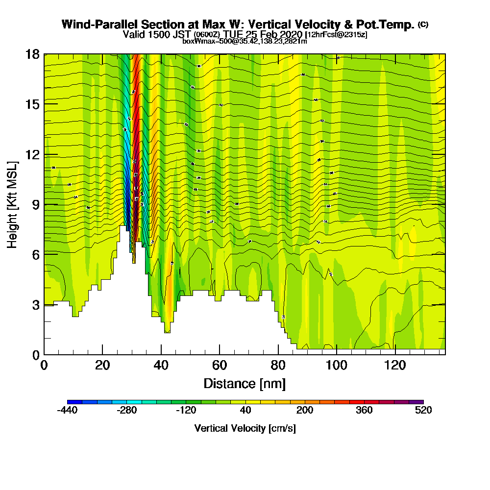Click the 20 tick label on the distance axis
coord(102,366)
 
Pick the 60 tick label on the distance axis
coord(220,366)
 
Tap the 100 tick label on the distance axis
coord(337,366)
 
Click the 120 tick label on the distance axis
coord(395,366)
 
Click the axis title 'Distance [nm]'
coord(245,383)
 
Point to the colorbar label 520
coord(423,411)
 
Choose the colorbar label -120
coord(186,411)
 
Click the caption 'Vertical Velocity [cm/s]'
coord(245,428)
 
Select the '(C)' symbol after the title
coord(423,24)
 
